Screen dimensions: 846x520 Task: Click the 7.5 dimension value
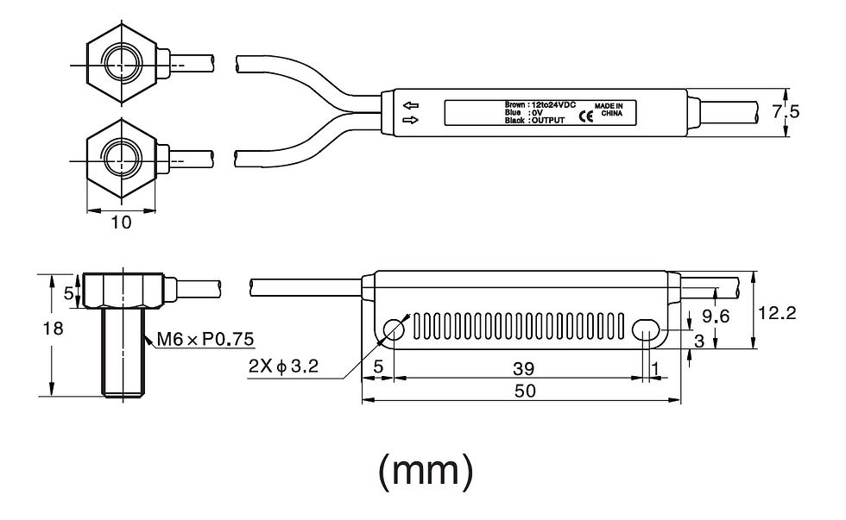coord(786,112)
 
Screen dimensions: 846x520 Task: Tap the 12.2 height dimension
coord(777,313)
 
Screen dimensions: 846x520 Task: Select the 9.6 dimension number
coord(715,316)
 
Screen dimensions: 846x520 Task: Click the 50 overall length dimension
coord(525,391)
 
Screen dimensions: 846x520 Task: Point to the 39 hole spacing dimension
coord(523,369)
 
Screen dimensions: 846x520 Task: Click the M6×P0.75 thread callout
coord(205,339)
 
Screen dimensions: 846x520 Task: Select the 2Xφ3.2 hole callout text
coord(284,367)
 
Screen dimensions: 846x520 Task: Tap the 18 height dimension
coord(54,329)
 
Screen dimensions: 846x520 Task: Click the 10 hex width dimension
coord(122,222)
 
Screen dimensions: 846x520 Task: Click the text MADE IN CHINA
coord(609,110)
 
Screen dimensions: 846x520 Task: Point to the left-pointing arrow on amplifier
coord(411,105)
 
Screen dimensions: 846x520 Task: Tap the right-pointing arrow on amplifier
coord(411,120)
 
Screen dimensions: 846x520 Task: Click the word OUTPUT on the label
coord(548,121)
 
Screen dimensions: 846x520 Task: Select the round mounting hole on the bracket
coord(394,329)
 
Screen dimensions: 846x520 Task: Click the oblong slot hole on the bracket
coord(646,329)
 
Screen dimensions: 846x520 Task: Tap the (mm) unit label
coord(426,471)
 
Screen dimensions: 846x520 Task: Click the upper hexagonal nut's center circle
coord(122,65)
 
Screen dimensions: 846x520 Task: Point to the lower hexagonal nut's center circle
coord(122,160)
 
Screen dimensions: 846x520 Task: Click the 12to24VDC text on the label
coord(554,104)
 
